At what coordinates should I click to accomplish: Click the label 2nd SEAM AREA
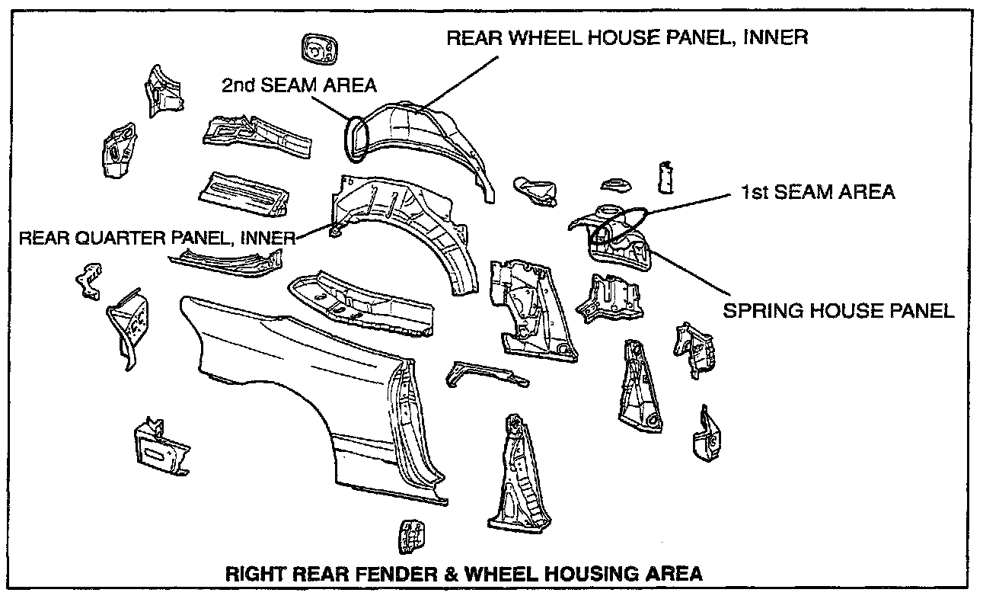[x=299, y=85]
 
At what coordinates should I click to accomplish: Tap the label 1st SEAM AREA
[x=818, y=192]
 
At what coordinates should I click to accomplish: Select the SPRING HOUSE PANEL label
[x=838, y=311]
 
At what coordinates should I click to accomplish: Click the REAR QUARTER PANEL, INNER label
[x=157, y=239]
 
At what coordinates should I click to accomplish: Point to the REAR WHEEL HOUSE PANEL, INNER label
[x=627, y=37]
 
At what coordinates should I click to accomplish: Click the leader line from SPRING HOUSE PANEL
[x=690, y=273]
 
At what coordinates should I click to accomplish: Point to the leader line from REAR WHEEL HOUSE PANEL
[x=460, y=82]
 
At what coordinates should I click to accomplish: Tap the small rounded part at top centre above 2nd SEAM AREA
[x=319, y=49]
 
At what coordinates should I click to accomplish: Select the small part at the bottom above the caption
[x=410, y=537]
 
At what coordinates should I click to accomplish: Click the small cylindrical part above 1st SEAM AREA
[x=665, y=178]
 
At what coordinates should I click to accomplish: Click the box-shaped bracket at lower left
[x=161, y=447]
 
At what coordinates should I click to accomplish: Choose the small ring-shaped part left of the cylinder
[x=615, y=185]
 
